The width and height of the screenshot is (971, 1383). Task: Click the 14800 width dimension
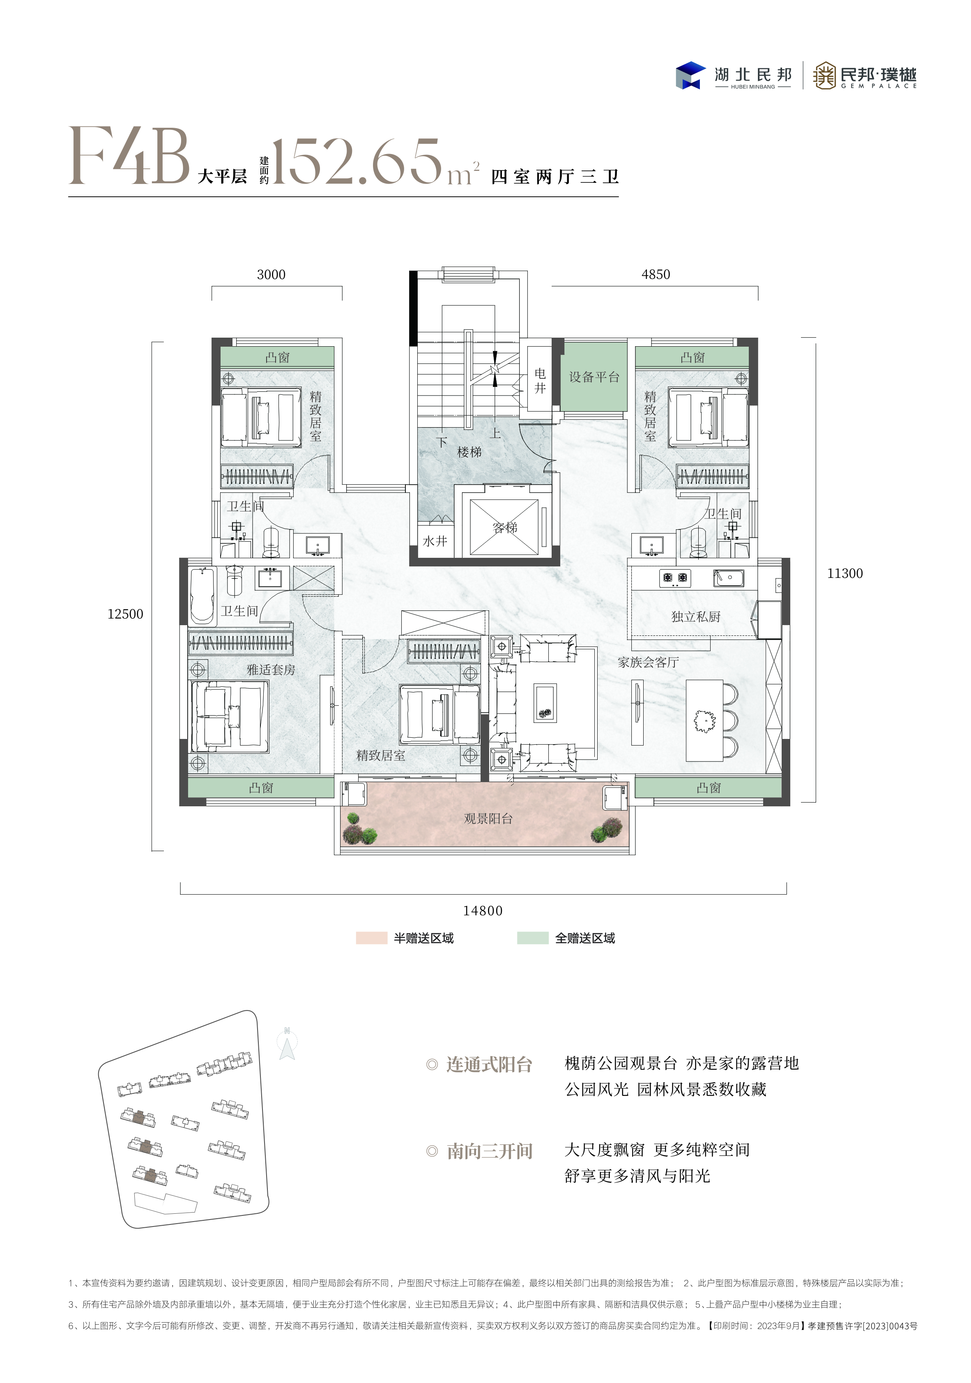point(483,911)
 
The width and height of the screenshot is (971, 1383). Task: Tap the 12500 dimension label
point(125,614)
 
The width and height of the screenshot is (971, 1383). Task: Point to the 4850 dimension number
point(656,275)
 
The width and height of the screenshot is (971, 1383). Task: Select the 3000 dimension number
point(271,275)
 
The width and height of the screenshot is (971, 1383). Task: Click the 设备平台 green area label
point(594,377)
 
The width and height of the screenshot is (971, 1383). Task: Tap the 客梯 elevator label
point(505,528)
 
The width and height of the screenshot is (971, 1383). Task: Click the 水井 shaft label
point(435,541)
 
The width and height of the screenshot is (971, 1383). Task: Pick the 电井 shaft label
point(540,381)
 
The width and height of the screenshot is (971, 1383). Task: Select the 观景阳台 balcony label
point(488,819)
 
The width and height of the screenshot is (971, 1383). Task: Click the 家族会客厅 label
point(648,662)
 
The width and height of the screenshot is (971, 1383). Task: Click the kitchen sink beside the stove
point(728,578)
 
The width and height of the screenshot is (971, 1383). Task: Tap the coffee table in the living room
point(545,703)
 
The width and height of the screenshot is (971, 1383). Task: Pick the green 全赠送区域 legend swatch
point(532,938)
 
